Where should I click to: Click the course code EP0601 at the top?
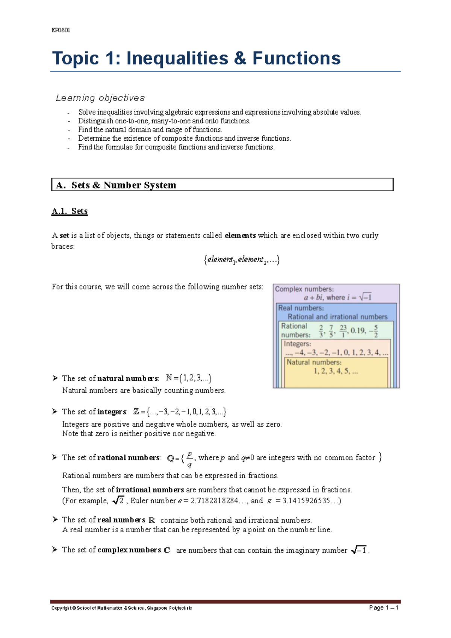[61, 30]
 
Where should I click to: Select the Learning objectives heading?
[100, 98]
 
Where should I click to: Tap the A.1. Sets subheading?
[70, 211]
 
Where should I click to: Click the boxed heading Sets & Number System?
[124, 185]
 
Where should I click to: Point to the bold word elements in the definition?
[240, 235]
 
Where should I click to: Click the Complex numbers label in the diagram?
[304, 289]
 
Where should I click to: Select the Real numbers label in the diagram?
[301, 308]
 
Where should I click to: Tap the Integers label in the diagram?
[297, 344]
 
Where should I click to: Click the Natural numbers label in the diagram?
[314, 362]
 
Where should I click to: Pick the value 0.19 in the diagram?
[358, 331]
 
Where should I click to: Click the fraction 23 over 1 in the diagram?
[343, 331]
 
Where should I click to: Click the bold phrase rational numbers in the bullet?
[129, 458]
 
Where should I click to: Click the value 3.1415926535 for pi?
[306, 501]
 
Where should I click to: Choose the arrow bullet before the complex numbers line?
[55, 550]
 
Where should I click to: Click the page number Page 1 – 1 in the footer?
[383, 608]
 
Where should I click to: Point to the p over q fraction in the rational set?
[189, 459]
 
